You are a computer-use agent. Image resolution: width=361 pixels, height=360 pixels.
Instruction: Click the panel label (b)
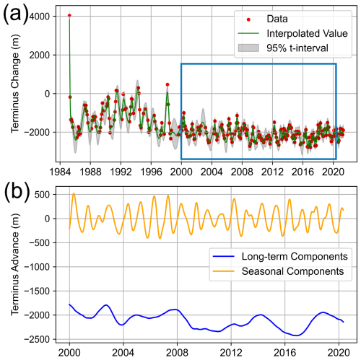pos(16,190)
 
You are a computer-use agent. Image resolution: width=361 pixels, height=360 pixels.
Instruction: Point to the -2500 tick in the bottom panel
pos(43,339)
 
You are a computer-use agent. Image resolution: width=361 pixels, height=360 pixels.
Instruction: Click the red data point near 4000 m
pos(69,15)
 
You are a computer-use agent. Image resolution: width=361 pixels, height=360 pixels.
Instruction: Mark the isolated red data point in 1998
pos(167,84)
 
